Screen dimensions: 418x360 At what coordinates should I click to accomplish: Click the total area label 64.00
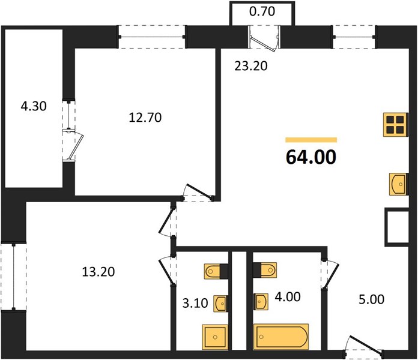tap(311, 157)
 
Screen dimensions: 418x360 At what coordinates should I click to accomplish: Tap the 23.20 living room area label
tap(251, 66)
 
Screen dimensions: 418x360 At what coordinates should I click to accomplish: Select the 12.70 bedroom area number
tap(145, 118)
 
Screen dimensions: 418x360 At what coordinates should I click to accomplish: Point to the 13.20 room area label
tap(98, 272)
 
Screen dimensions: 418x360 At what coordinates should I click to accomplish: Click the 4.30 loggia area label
tap(34, 106)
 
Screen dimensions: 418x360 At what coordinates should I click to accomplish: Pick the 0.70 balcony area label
tap(262, 11)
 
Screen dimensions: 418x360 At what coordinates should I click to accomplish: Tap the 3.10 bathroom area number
tap(195, 303)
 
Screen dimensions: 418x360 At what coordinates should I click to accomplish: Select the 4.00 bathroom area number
tap(288, 296)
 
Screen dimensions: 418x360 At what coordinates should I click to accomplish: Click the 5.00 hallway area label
tap(371, 299)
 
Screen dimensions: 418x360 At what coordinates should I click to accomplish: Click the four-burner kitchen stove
tap(396, 125)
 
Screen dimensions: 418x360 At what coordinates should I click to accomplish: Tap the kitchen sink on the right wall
tap(399, 184)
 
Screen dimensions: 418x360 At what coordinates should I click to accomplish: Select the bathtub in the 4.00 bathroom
tap(281, 337)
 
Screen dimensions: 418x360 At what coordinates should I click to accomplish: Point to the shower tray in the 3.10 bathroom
tap(215, 337)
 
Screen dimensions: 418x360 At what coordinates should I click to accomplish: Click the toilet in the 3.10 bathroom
tap(216, 271)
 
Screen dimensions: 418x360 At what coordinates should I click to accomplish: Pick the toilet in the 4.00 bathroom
tap(265, 270)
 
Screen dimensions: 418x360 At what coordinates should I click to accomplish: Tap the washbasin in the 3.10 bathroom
tap(220, 303)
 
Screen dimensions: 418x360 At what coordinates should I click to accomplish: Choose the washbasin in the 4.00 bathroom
tap(261, 302)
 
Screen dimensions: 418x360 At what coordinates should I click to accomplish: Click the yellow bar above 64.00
tap(311, 140)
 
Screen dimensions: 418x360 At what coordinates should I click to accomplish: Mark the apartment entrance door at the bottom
tap(363, 346)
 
